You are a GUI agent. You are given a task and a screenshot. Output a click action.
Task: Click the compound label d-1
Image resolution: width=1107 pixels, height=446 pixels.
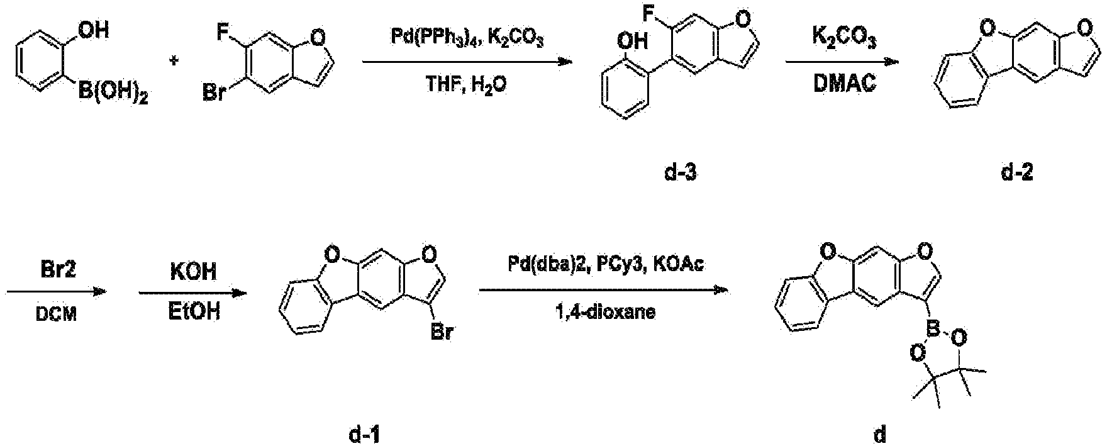tap(363, 434)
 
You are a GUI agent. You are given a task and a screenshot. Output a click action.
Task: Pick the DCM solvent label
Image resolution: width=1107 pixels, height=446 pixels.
tap(57, 313)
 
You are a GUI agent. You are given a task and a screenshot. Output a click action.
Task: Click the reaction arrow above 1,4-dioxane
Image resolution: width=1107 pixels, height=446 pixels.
tap(604, 291)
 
